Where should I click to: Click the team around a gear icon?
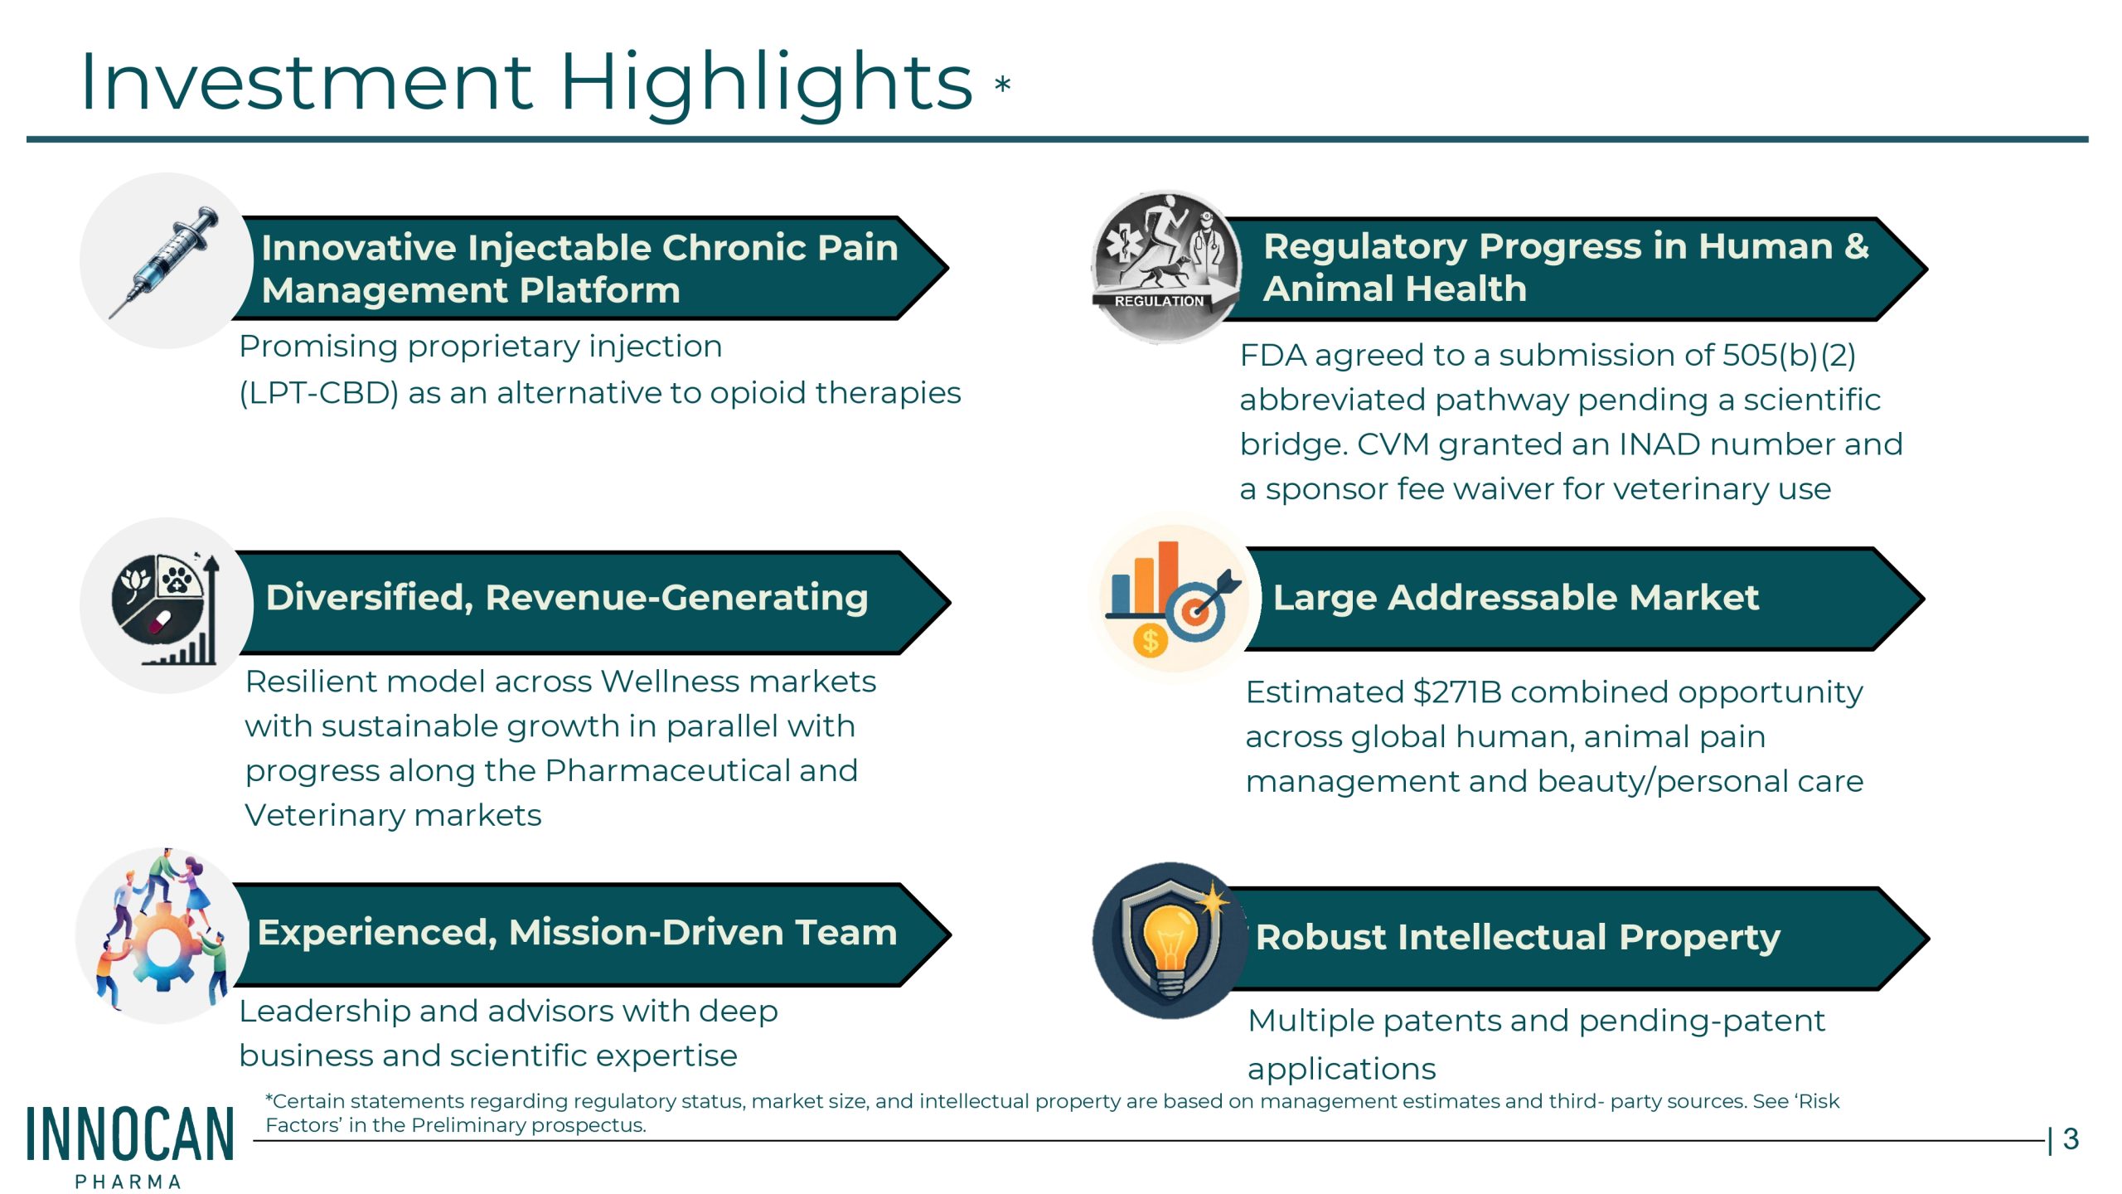point(162,934)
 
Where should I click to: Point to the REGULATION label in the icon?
point(1158,301)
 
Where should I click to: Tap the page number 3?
point(2071,1139)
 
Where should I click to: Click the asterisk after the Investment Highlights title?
point(1002,84)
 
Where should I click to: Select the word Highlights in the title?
point(766,84)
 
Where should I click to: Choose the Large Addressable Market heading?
point(1515,597)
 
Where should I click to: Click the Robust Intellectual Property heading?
point(1518,938)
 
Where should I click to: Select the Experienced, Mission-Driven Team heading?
point(577,933)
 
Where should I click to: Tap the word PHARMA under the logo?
point(128,1182)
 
